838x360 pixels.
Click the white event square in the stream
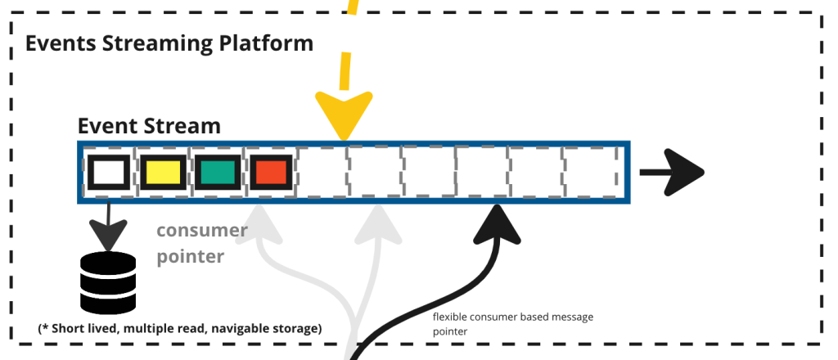(x=108, y=172)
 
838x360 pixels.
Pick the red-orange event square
(x=270, y=172)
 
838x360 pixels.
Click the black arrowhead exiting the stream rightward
(x=686, y=172)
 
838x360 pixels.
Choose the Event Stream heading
(x=149, y=126)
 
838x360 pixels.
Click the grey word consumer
(x=201, y=231)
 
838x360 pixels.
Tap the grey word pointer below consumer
(x=190, y=256)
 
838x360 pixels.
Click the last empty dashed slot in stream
(x=588, y=172)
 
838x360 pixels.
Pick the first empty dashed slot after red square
(x=321, y=172)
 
